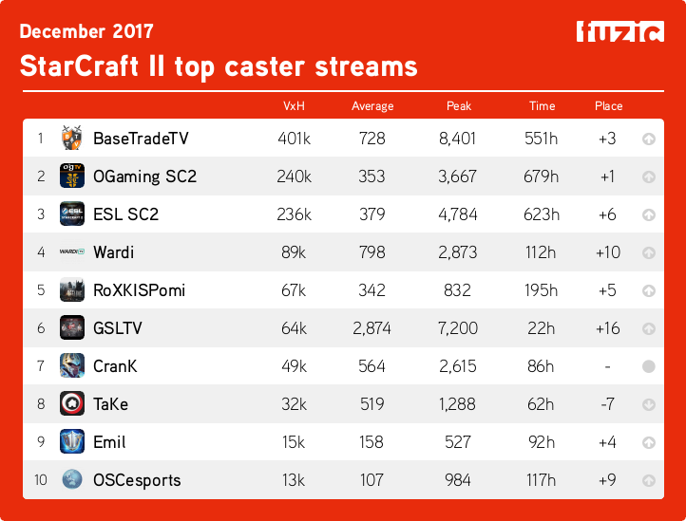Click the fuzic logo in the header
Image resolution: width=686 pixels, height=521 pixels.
[x=619, y=31]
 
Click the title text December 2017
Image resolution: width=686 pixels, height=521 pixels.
[x=86, y=31]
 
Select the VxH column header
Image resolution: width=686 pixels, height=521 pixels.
[x=294, y=106]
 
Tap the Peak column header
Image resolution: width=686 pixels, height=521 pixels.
[x=458, y=106]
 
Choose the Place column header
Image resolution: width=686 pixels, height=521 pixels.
[x=608, y=106]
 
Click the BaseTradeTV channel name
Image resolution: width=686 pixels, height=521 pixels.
[x=141, y=139]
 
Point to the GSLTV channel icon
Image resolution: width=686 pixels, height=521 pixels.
[x=72, y=328]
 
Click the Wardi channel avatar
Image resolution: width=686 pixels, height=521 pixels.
[x=72, y=252]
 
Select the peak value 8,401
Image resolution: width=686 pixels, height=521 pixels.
[x=458, y=139]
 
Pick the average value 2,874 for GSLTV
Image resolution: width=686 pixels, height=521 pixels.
[x=372, y=328]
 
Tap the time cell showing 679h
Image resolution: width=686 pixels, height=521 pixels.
[x=542, y=177]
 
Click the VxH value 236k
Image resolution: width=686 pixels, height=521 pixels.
[x=295, y=214]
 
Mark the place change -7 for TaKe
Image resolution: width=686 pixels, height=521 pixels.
[x=608, y=404]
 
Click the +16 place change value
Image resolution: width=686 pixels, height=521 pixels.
[x=608, y=328]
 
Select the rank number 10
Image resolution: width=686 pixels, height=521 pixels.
[x=41, y=480]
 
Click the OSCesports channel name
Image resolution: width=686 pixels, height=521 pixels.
[x=138, y=480]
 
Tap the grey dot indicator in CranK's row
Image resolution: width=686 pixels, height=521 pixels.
[x=649, y=366]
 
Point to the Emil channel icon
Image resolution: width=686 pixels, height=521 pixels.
[x=72, y=442]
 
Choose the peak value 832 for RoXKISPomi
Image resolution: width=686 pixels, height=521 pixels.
[x=458, y=290]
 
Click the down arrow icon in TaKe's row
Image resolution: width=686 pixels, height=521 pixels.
[x=649, y=404]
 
